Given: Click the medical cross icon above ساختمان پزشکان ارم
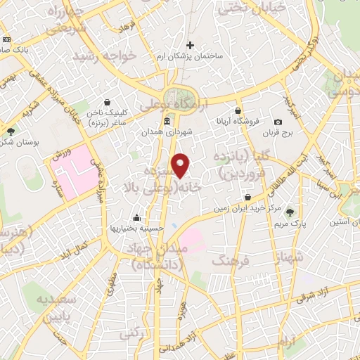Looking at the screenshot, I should click(x=191, y=46).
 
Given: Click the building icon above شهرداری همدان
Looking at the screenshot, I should click(x=166, y=122).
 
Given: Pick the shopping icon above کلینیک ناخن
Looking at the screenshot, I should click(x=106, y=103).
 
